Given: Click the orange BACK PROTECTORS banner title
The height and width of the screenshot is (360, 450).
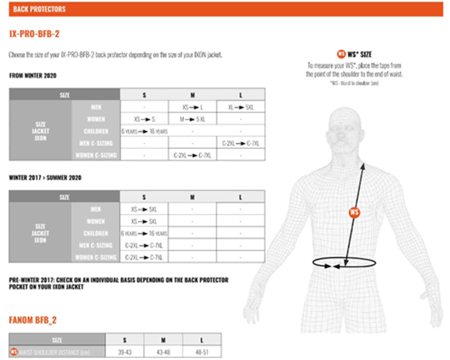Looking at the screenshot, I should click(x=39, y=9).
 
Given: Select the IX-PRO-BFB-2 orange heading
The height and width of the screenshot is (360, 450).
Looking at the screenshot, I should click(x=34, y=34).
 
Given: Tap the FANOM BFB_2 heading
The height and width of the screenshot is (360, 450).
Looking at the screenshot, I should click(x=33, y=320).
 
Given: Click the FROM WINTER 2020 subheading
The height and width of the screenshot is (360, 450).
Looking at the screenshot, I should click(x=33, y=76).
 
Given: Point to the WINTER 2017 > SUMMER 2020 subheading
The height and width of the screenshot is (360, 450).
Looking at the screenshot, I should click(x=45, y=178).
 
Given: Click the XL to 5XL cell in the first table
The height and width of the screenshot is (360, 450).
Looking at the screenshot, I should click(x=240, y=108).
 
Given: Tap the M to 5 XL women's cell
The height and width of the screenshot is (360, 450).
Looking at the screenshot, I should click(x=192, y=120).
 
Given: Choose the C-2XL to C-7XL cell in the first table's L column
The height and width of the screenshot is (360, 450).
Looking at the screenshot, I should click(x=240, y=144).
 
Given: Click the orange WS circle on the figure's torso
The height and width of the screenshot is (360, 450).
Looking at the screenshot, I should click(x=355, y=212).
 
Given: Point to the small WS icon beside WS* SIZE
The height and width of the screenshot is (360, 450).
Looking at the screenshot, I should click(x=341, y=54).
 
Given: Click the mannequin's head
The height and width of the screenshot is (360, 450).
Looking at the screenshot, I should click(x=346, y=130).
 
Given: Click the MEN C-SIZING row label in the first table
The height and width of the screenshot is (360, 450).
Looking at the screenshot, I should click(x=95, y=144).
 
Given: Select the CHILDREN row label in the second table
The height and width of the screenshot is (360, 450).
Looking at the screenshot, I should click(x=95, y=234).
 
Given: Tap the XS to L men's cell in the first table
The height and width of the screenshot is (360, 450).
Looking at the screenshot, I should click(x=192, y=108).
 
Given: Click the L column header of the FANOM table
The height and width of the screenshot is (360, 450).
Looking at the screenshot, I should click(x=202, y=340).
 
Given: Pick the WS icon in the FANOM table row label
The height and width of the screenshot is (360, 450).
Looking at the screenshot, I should click(x=14, y=352).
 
